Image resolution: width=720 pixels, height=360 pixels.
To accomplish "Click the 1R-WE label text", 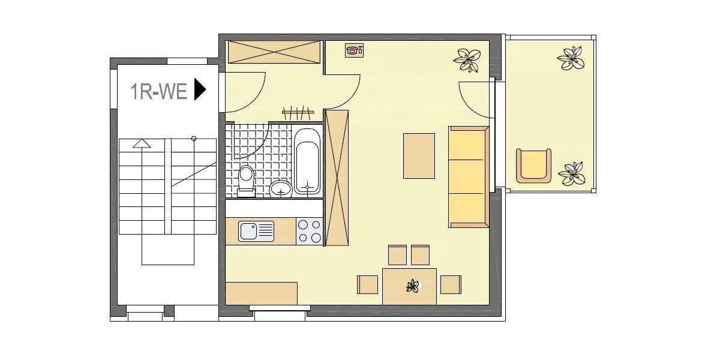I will (x=159, y=91).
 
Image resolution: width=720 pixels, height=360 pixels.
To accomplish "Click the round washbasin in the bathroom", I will (x=280, y=190).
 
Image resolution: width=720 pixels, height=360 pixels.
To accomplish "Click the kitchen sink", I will (x=256, y=231).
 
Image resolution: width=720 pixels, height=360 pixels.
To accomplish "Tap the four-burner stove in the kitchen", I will (x=310, y=231).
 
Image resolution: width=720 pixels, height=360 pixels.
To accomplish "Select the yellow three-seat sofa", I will (x=468, y=177).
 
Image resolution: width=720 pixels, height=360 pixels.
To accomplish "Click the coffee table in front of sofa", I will (x=419, y=156).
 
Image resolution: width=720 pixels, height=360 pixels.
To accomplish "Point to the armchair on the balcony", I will (x=533, y=165).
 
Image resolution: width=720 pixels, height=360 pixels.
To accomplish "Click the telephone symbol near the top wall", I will (x=354, y=50).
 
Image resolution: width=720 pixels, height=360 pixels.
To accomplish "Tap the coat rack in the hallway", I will (x=298, y=112).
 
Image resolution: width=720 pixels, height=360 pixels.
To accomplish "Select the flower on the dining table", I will (x=413, y=286).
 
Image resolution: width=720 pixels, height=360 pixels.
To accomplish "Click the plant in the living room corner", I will (x=467, y=59).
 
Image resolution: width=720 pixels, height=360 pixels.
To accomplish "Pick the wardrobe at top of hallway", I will (x=275, y=52).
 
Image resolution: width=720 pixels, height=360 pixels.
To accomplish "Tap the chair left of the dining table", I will (x=367, y=284).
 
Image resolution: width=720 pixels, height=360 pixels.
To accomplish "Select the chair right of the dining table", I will (x=451, y=284).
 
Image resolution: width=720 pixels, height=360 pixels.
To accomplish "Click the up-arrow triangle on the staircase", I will (x=142, y=143).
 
